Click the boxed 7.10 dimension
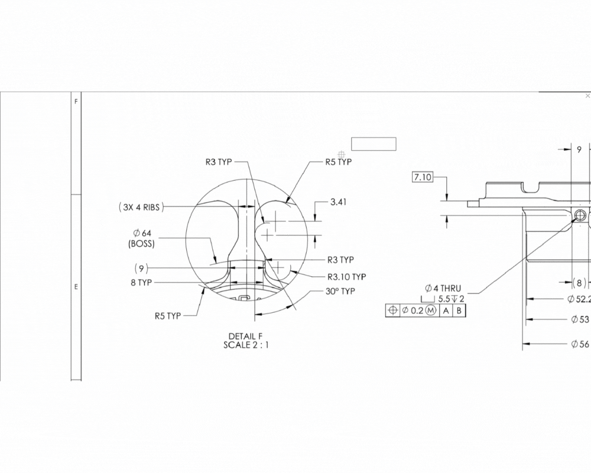423,177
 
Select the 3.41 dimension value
338,202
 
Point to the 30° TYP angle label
340,291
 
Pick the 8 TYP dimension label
141,283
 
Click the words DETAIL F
245,336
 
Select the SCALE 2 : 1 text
245,345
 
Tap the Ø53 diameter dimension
580,319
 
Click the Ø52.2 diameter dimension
579,299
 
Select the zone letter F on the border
75,102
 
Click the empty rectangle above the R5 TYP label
374,144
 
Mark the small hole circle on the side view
580,215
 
